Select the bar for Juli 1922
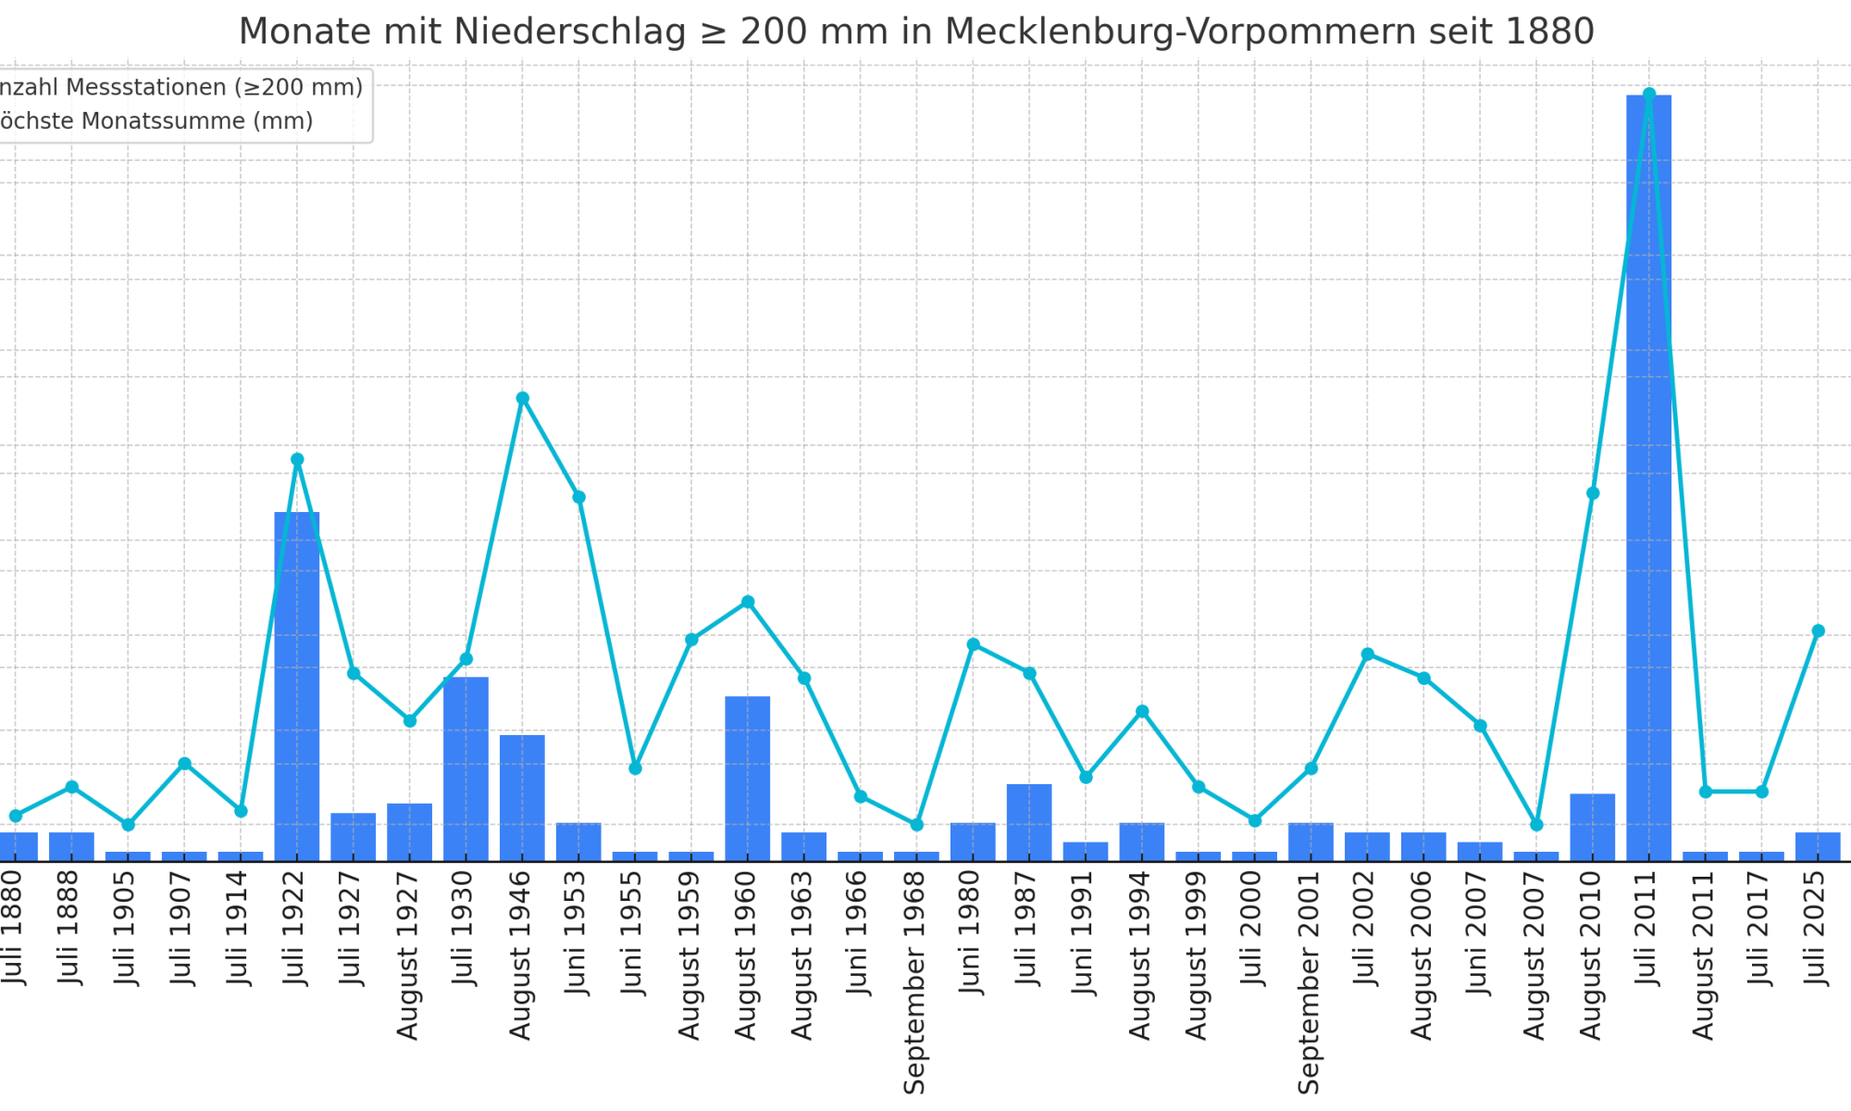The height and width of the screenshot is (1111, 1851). pyautogui.click(x=297, y=686)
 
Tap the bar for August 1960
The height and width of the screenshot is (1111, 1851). pyautogui.click(x=748, y=779)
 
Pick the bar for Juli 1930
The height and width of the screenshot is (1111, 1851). pyautogui.click(x=466, y=768)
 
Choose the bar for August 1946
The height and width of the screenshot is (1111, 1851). pyautogui.click(x=522, y=797)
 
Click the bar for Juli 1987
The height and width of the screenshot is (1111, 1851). pyautogui.click(x=1029, y=822)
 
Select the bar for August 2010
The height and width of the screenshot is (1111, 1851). pyautogui.click(x=1592, y=827)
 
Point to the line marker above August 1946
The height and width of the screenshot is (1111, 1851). pyautogui.click(x=522, y=398)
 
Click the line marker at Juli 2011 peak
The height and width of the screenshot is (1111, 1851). pyautogui.click(x=1648, y=94)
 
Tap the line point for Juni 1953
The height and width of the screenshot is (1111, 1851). pyautogui.click(x=578, y=497)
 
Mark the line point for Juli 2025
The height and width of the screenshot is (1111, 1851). pyautogui.click(x=1818, y=631)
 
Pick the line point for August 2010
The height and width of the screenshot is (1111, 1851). pyautogui.click(x=1592, y=493)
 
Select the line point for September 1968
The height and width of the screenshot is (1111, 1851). pyautogui.click(x=916, y=824)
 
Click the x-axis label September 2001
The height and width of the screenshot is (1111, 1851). pyautogui.click(x=1308, y=981)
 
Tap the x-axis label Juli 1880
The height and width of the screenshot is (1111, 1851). pyautogui.click(x=12, y=926)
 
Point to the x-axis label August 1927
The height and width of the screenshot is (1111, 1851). pyautogui.click(x=407, y=954)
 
